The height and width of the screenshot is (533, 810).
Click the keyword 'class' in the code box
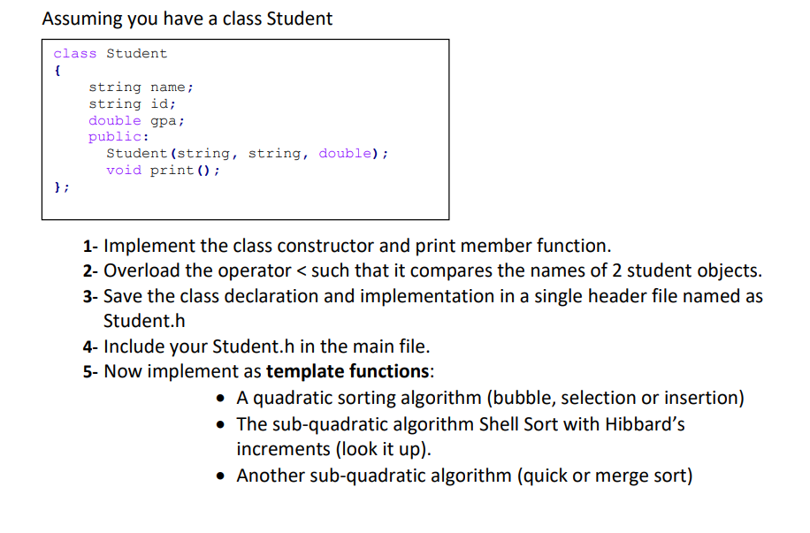[x=74, y=54]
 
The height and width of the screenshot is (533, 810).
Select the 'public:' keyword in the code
[x=118, y=137]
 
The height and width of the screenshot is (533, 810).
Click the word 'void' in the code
[x=123, y=171]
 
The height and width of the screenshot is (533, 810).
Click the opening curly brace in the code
[x=57, y=71]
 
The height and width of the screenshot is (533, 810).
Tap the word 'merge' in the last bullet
[x=609, y=476]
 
